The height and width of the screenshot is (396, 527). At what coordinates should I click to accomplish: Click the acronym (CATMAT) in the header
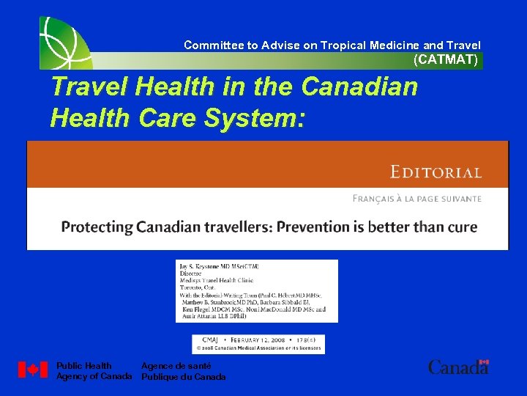pos(446,60)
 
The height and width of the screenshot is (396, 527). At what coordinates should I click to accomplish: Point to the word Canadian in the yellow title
pos(359,88)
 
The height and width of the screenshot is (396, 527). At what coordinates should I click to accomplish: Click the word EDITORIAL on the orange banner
pos(436,173)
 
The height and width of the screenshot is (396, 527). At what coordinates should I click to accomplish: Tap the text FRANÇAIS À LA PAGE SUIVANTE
pos(417,199)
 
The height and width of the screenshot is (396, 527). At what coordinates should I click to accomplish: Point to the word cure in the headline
pos(460,227)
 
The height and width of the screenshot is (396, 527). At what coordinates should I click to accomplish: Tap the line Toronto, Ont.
pos(196,289)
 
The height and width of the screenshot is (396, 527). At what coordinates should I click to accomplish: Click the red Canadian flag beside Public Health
pos(32,370)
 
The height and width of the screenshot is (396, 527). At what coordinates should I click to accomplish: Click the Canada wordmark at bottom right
pos(458,367)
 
